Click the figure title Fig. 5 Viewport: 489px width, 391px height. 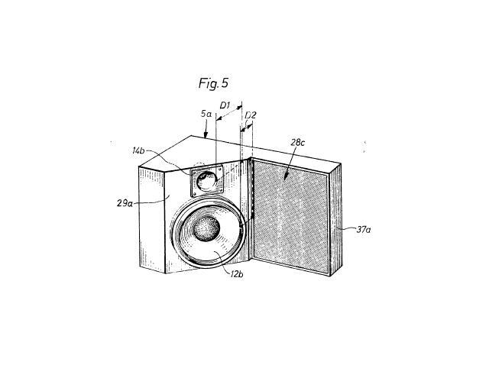(x=214, y=83)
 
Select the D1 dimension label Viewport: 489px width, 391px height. (x=225, y=105)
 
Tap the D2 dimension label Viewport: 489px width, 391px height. (x=251, y=115)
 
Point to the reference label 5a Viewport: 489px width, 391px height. (x=206, y=114)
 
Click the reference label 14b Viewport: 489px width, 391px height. (x=138, y=151)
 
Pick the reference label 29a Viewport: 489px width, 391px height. (x=125, y=203)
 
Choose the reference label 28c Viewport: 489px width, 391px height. (x=297, y=143)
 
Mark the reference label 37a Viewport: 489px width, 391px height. (x=364, y=230)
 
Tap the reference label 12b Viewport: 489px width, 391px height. (x=237, y=274)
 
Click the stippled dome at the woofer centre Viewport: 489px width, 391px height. (x=206, y=228)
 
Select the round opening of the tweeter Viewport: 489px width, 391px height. (x=207, y=180)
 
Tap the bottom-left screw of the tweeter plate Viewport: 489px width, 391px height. (x=194, y=194)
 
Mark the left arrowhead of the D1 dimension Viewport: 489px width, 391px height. (x=218, y=119)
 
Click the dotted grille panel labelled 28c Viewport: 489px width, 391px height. (x=290, y=216)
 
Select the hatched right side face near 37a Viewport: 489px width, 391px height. (x=335, y=219)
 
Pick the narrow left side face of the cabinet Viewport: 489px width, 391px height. (x=151, y=219)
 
